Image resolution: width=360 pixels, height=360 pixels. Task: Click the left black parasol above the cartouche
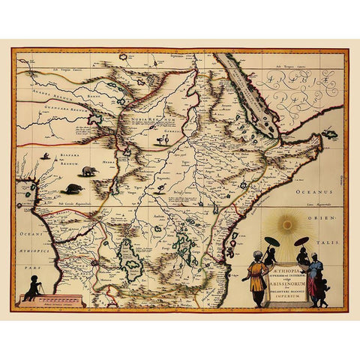272,241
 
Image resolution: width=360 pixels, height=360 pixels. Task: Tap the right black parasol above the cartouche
301,241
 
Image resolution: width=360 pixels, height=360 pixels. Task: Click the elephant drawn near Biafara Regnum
88,171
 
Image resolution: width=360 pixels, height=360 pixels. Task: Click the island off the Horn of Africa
329,136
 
